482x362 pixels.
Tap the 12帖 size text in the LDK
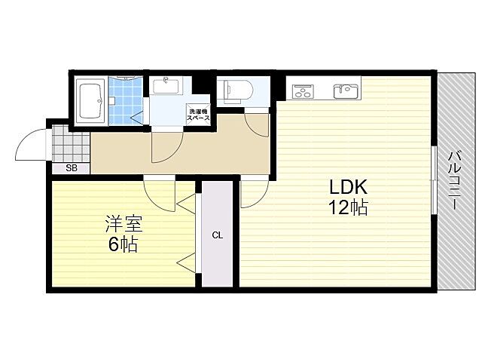click(x=347, y=208)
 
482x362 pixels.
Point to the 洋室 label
click(x=124, y=223)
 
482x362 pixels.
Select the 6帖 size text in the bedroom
click(x=124, y=244)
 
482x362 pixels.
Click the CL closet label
click(x=217, y=236)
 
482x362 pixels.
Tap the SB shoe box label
click(x=71, y=168)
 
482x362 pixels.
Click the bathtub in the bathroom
click(x=92, y=100)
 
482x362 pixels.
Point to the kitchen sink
click(x=346, y=91)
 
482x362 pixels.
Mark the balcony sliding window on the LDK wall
click(x=434, y=181)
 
